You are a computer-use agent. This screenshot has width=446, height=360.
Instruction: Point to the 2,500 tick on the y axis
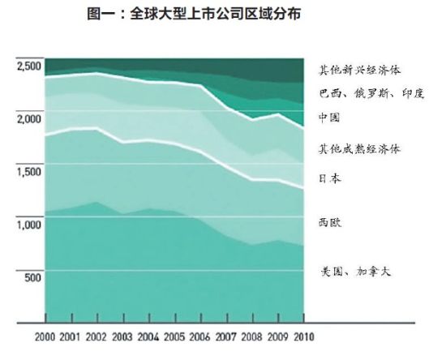29,66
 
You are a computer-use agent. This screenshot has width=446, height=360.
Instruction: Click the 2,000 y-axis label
29,119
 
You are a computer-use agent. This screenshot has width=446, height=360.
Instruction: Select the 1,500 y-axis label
29,172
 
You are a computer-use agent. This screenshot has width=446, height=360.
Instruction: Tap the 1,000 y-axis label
29,225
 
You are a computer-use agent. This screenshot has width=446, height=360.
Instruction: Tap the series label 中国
328,118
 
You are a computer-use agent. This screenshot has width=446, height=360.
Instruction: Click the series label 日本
328,178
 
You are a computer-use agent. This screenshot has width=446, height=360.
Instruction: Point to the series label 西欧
328,221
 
